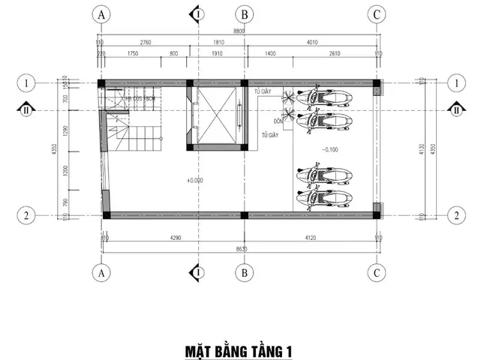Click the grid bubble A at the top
[101, 13]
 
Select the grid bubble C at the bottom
[377, 273]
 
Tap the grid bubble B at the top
[243, 13]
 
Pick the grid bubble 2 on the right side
[455, 215]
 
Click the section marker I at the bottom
[197, 273]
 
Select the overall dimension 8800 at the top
[239, 32]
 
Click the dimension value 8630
[239, 247]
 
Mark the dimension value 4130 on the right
[423, 148]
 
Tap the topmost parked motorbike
[324, 99]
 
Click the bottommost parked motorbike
[324, 198]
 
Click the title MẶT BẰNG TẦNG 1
[238, 350]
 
